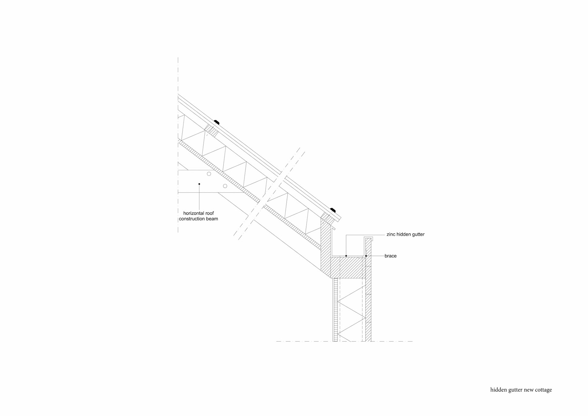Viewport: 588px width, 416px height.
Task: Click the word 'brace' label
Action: coord(390,256)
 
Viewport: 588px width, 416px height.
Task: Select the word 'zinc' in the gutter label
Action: coord(391,235)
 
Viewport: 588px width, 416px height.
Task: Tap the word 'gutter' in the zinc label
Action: coord(417,235)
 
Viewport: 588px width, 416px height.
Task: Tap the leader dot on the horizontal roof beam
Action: coord(199,184)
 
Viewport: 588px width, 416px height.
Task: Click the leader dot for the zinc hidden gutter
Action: coord(346,256)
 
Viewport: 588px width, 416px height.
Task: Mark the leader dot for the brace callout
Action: coord(366,256)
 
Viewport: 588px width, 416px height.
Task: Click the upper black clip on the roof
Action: coord(217,122)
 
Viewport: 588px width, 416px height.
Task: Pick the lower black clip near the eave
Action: coord(333,210)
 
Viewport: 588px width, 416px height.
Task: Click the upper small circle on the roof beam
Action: coord(209,174)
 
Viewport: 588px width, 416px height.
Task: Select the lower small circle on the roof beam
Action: coord(225,186)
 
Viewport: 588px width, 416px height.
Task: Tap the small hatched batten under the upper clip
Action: coord(211,130)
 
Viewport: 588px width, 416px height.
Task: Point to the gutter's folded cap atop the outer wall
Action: coord(368,238)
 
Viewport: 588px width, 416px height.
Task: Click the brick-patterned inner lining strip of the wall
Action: coord(335,310)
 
